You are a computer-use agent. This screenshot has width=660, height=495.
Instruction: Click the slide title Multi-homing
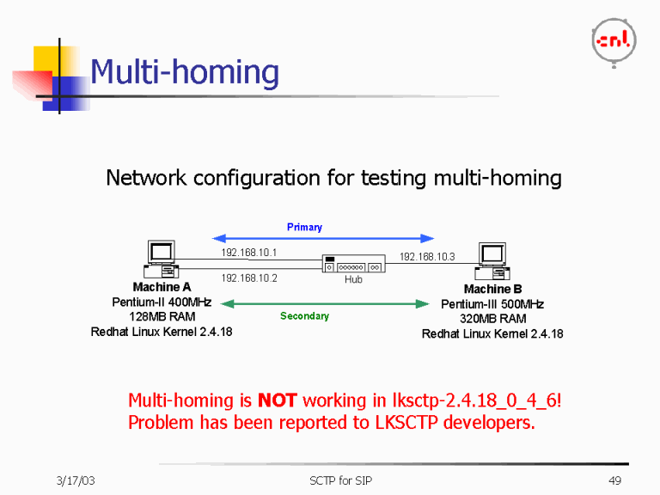(x=185, y=72)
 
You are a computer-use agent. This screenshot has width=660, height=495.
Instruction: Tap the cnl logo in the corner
(x=614, y=40)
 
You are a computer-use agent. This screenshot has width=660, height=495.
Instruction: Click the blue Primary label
(x=304, y=227)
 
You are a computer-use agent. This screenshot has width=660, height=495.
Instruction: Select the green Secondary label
(x=304, y=316)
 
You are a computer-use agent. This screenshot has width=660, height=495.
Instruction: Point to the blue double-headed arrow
(x=323, y=238)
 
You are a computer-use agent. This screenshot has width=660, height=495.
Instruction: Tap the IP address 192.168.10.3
(x=427, y=256)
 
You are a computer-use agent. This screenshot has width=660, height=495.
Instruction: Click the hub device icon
(x=353, y=264)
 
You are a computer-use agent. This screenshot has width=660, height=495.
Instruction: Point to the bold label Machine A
(x=162, y=287)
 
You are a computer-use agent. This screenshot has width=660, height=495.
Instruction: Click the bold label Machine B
(x=492, y=290)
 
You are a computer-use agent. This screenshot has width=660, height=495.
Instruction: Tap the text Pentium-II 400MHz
(x=162, y=302)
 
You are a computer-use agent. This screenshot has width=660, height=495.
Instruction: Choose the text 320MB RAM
(x=492, y=319)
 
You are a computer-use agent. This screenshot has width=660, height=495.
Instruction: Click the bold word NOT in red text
(x=277, y=400)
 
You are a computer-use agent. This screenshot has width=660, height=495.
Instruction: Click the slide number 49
(x=614, y=480)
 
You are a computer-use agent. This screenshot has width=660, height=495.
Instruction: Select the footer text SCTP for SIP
(x=341, y=480)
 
